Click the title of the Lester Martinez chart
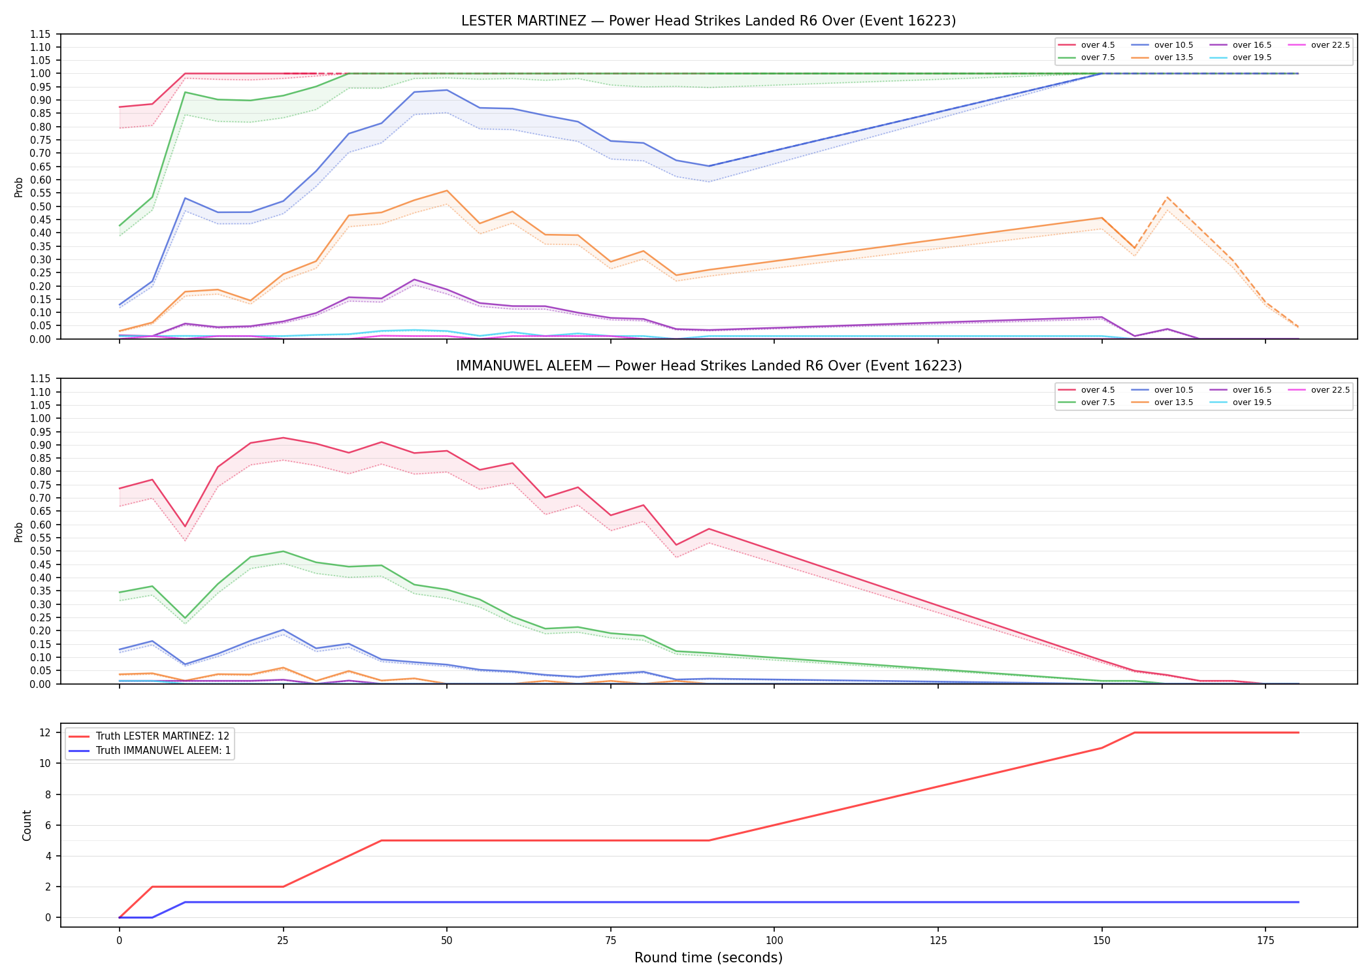(x=708, y=21)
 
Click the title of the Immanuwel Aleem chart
(x=709, y=366)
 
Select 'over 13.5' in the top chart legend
(x=1173, y=57)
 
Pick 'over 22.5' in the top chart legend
(x=1330, y=45)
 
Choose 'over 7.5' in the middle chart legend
(x=1098, y=402)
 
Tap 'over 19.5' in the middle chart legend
(x=1252, y=402)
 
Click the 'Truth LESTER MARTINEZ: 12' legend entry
(x=163, y=736)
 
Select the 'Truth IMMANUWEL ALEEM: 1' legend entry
(x=163, y=751)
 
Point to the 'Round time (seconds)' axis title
(x=708, y=958)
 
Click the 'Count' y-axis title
(x=27, y=825)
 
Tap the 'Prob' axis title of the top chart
(x=19, y=187)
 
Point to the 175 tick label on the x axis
(x=1266, y=941)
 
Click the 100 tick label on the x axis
(x=774, y=941)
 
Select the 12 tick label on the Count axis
(x=44, y=732)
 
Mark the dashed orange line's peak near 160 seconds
(x=1168, y=197)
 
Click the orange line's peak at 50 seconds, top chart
(x=446, y=191)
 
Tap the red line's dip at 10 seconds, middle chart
(x=185, y=527)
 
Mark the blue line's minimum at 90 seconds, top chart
(x=709, y=166)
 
